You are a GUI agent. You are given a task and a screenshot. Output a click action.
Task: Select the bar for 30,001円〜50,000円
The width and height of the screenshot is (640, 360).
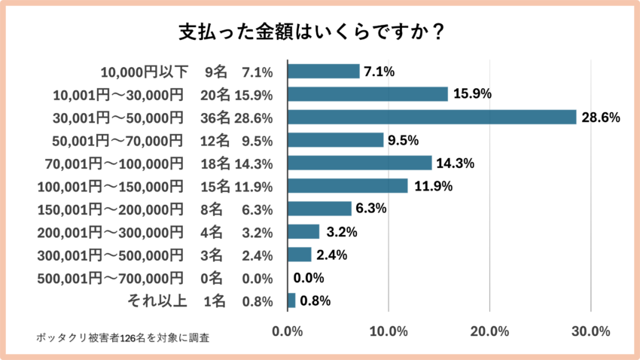[431, 117]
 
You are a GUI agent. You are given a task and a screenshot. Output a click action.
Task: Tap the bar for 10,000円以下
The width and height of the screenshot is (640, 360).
[324, 72]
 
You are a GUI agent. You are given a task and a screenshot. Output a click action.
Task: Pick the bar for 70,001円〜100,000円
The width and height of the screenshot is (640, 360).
[360, 163]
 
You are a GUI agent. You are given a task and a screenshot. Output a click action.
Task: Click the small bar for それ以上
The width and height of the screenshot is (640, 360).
[291, 301]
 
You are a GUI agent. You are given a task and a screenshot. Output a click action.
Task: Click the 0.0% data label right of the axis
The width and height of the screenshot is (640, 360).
[309, 278]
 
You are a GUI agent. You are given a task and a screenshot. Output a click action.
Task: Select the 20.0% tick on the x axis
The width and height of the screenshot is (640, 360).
[489, 331]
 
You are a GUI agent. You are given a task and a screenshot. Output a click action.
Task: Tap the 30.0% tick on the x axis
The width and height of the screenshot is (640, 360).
[591, 331]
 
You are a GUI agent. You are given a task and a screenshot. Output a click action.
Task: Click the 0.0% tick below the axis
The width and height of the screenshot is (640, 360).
[288, 331]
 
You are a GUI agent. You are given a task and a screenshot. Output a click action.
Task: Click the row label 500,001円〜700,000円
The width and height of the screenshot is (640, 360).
[110, 278]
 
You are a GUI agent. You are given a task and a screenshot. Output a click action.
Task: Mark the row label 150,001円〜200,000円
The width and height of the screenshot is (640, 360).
[110, 209]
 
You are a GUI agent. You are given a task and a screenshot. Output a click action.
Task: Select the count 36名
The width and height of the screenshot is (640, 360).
[215, 117]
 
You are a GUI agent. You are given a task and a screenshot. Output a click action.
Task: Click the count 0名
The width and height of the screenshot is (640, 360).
[215, 278]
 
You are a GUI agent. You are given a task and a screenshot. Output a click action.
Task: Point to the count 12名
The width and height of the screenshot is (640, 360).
[215, 140]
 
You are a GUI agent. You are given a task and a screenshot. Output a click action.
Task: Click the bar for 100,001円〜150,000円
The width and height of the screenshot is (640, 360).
[348, 186]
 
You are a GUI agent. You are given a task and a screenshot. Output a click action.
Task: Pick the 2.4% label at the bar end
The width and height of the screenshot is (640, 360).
[331, 255]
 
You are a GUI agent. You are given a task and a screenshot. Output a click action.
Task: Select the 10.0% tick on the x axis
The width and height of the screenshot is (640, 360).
[389, 331]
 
